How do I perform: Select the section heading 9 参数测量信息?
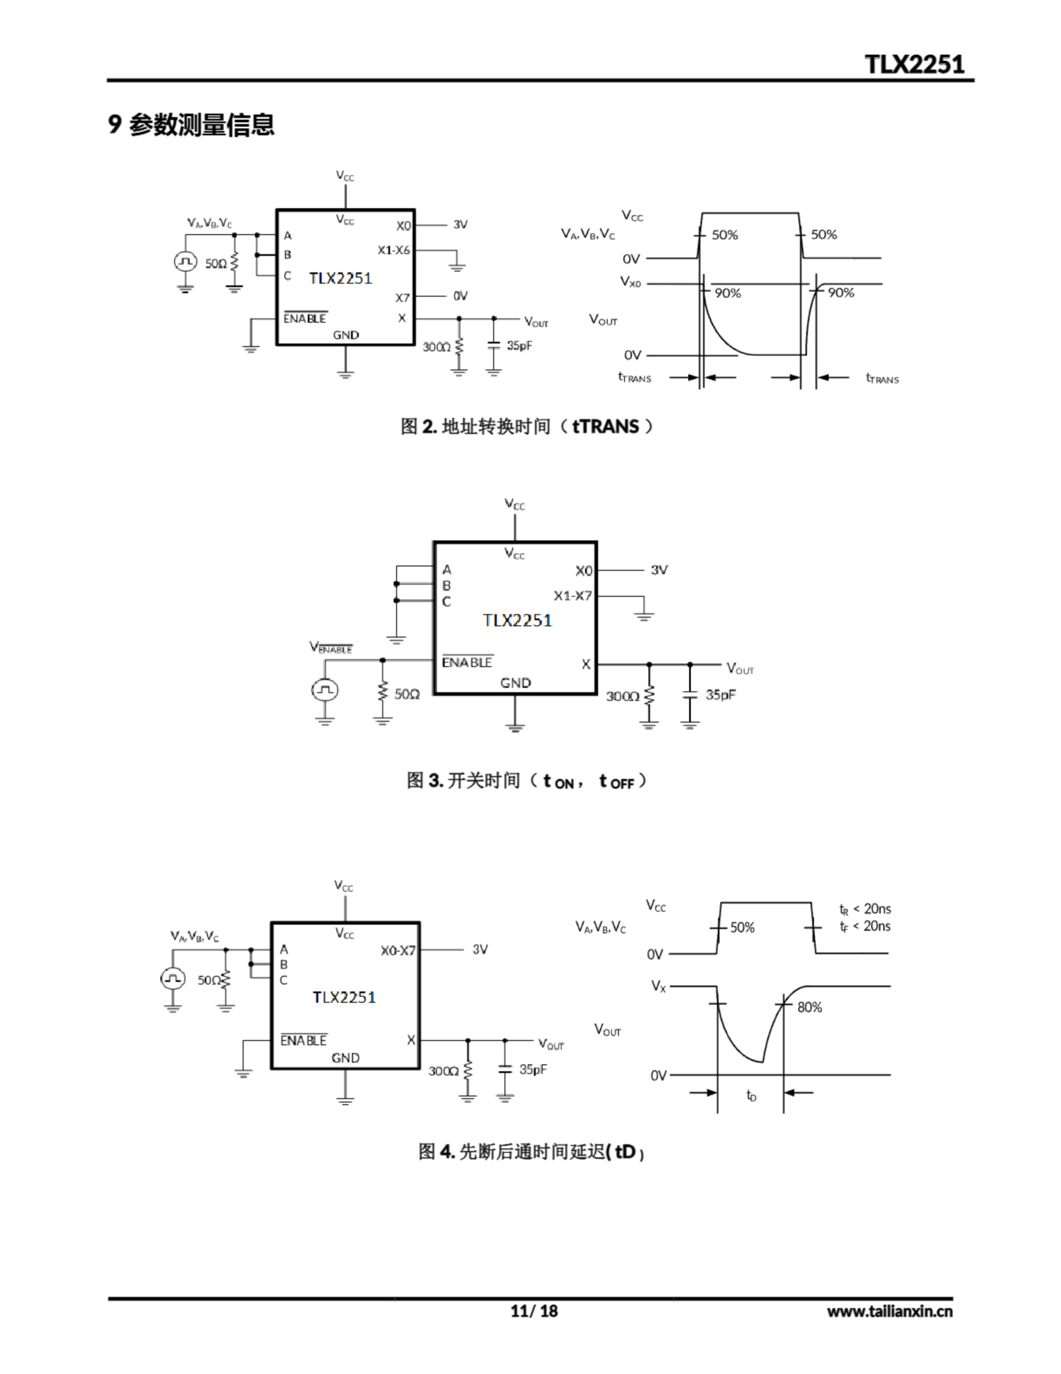click(191, 125)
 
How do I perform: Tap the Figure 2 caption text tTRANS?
click(605, 427)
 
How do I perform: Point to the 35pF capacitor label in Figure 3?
click(720, 695)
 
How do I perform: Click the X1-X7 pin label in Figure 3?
click(572, 595)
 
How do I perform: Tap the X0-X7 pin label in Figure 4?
click(397, 950)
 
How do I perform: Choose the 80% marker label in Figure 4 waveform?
click(809, 1007)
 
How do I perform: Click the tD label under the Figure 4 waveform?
click(751, 1095)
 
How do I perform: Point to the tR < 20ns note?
click(865, 909)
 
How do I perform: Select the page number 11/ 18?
click(534, 1311)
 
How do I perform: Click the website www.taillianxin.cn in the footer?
click(889, 1311)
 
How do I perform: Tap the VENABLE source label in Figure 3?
click(331, 647)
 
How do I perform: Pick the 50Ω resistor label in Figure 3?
click(406, 694)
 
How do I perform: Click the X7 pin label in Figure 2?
click(402, 297)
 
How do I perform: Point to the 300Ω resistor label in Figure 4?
click(444, 1071)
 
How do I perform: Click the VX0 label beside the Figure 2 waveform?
click(630, 282)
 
